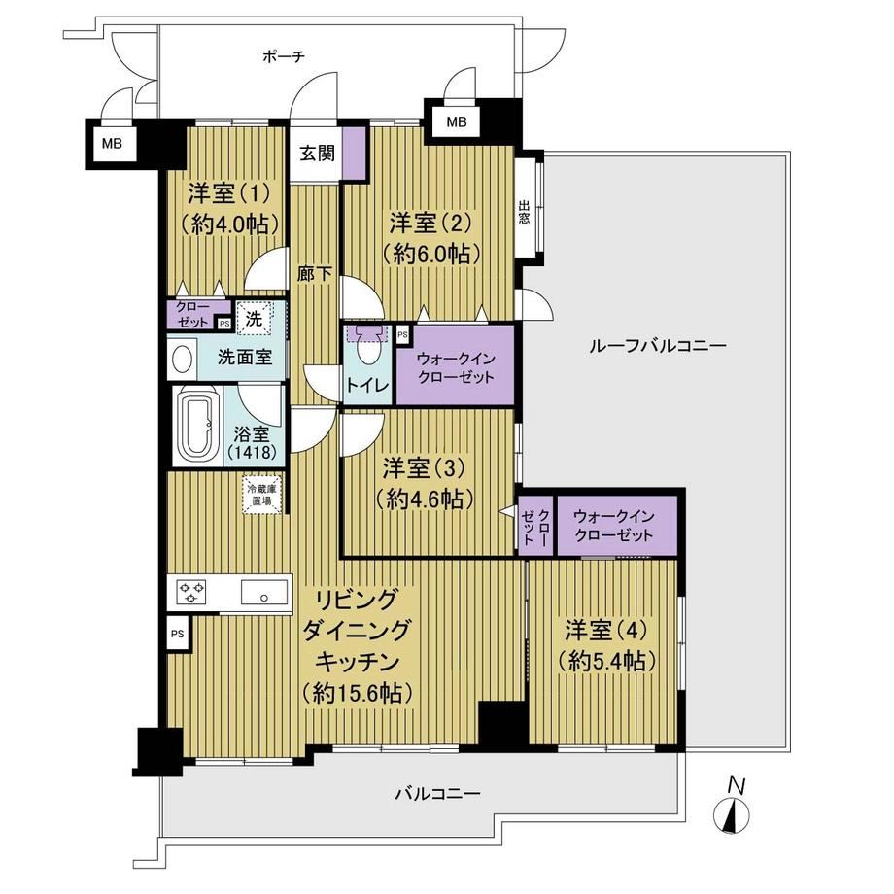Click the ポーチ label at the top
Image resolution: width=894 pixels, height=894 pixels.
pos(284,56)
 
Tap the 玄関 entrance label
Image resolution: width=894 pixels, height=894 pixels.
pos(318,153)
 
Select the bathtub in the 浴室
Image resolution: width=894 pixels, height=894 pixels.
pos(196,426)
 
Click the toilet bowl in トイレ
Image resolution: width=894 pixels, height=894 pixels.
pos(365,349)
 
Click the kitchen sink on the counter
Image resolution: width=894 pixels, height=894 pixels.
pos(263,592)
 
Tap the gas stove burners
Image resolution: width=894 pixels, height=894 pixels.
pos(191,592)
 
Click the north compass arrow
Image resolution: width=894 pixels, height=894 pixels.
pos(732,814)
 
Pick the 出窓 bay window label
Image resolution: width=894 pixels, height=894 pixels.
pos(524,212)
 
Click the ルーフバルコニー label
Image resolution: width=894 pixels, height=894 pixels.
pos(658,346)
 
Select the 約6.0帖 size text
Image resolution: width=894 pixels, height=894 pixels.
pos(431,253)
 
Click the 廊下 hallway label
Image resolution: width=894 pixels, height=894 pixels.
pos(314,274)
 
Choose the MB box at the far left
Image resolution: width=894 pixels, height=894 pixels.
pos(112,143)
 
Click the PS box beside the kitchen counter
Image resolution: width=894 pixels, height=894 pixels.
pos(177,633)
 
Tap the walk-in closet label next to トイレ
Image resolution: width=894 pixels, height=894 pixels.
pos(456,367)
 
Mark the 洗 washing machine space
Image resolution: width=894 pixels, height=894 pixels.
pos(254,318)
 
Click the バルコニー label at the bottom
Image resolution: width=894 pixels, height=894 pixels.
pos(438,793)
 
